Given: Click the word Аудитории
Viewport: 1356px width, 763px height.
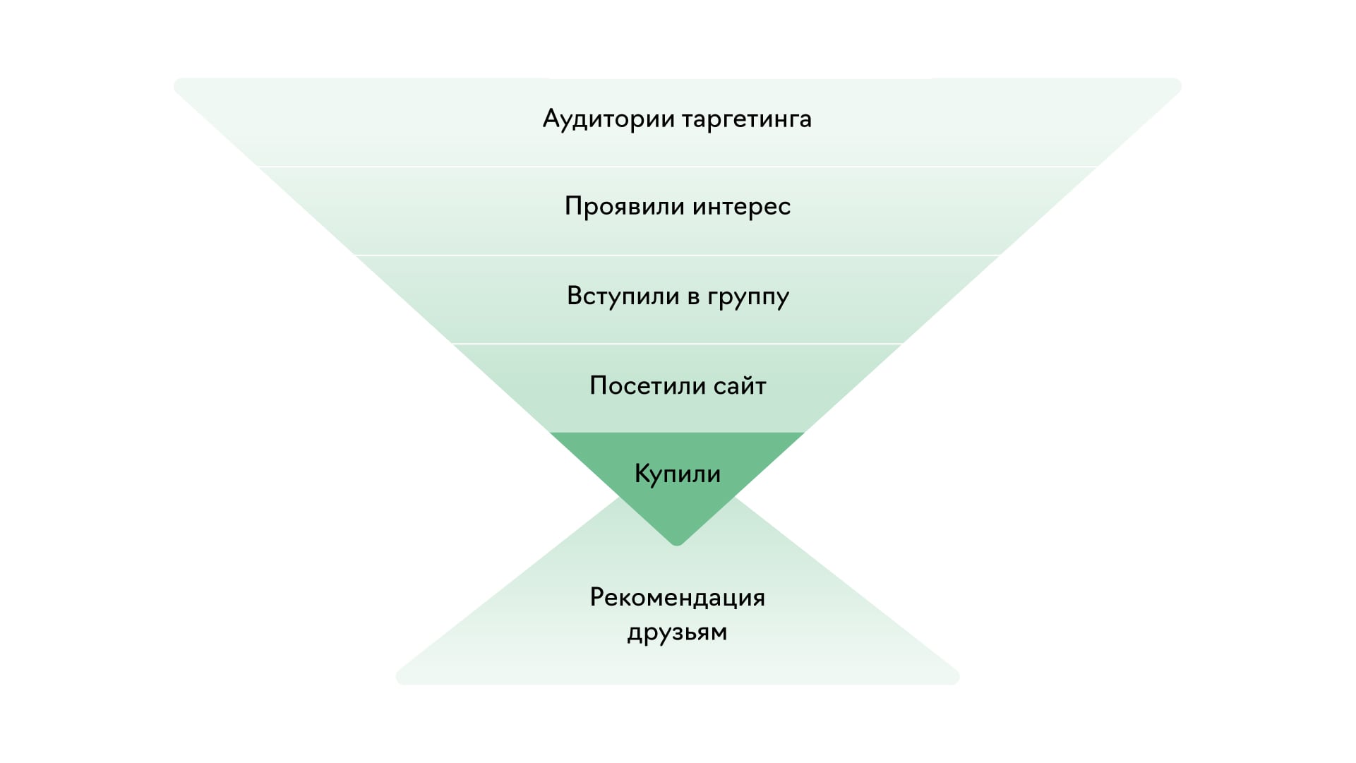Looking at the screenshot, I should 608,119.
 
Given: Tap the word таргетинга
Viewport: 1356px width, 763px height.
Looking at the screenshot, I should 747,119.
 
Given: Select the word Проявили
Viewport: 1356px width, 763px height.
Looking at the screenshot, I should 625,207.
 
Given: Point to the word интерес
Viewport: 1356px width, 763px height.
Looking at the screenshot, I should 741,207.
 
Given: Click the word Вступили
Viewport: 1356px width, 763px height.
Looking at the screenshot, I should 613,296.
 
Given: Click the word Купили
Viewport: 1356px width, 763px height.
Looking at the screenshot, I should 678,474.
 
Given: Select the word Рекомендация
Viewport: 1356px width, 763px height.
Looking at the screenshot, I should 678,598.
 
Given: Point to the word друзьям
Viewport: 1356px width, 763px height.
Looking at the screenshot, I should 678,632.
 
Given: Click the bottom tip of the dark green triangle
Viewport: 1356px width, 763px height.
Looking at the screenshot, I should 678,543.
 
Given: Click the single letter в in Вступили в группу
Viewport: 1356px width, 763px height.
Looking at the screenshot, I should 693,297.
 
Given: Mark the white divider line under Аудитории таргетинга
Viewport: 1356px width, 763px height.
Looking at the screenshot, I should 678,167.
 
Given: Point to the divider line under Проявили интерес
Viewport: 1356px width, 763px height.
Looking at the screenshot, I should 678,255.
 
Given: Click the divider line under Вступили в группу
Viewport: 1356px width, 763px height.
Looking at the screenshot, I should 678,344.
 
